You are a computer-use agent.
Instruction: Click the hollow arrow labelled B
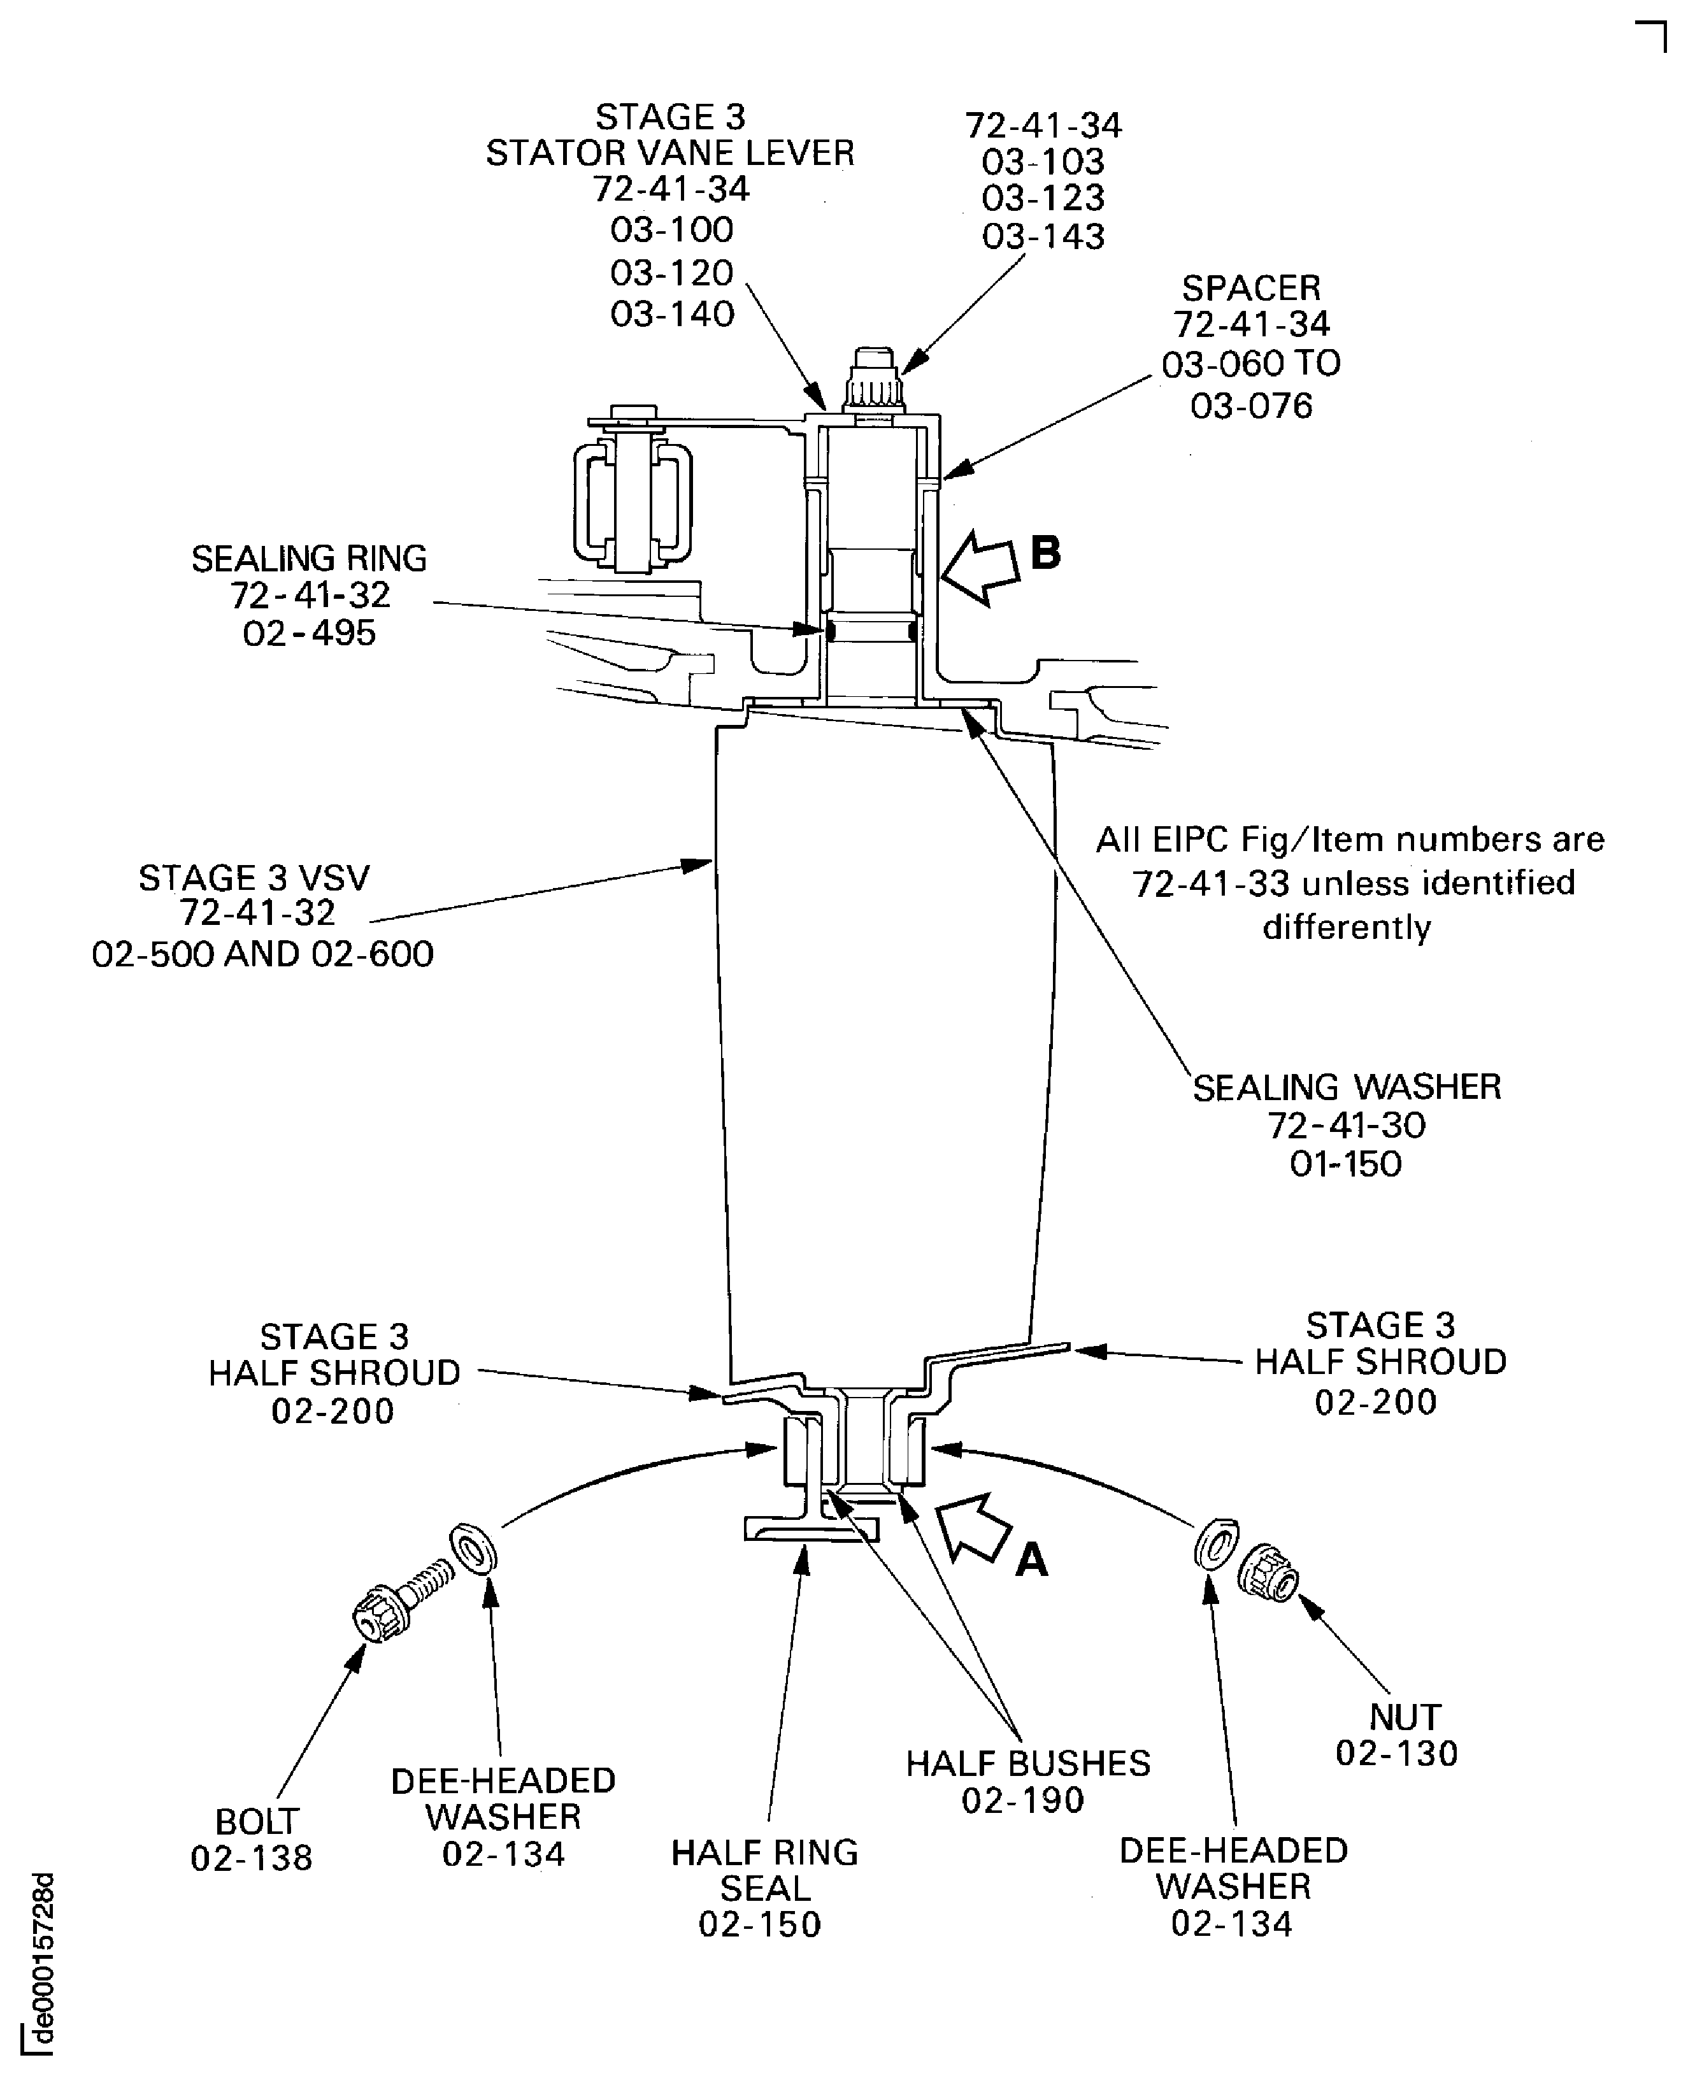click(x=980, y=568)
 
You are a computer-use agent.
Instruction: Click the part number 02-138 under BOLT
click(x=252, y=1858)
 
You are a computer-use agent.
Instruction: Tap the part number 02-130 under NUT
click(x=1396, y=1754)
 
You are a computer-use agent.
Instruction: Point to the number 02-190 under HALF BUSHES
click(x=1022, y=1800)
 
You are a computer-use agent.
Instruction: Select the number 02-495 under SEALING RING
click(x=309, y=633)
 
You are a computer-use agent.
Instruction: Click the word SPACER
click(x=1251, y=289)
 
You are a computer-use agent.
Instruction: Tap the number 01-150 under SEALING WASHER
click(x=1345, y=1164)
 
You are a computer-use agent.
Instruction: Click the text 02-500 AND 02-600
click(x=262, y=954)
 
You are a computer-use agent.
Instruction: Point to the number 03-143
click(x=1043, y=236)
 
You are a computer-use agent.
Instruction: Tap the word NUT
click(x=1405, y=1717)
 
